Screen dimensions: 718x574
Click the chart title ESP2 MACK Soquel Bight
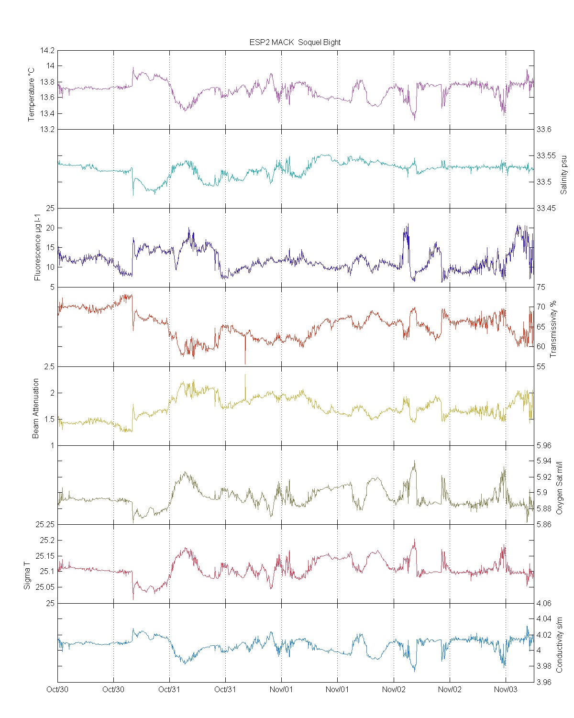(x=295, y=42)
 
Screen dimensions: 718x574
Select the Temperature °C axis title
(x=32, y=94)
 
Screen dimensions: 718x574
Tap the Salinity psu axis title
(x=563, y=175)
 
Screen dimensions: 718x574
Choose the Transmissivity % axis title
(x=553, y=329)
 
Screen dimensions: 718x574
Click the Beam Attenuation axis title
(x=36, y=409)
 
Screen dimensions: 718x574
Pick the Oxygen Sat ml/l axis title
(x=559, y=488)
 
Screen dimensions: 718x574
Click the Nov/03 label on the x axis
(x=506, y=689)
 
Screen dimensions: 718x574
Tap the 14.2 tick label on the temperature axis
(x=47, y=50)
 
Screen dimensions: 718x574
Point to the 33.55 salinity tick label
(x=546, y=155)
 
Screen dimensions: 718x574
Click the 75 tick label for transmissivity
(x=541, y=287)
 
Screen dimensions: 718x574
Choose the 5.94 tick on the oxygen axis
(x=544, y=461)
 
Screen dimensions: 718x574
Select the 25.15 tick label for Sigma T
(x=47, y=556)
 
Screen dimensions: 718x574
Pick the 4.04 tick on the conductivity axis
(x=544, y=619)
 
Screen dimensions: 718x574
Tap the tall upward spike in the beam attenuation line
(x=245, y=376)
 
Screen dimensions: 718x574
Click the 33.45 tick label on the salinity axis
(x=546, y=208)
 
